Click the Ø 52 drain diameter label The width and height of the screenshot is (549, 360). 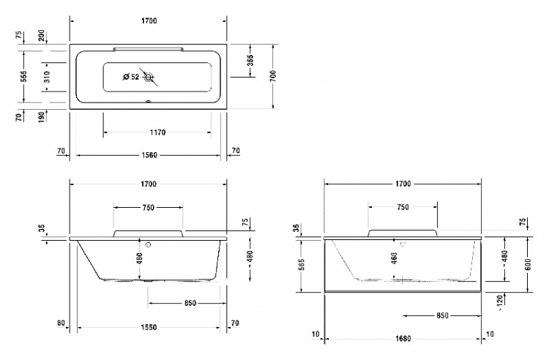coord(131,77)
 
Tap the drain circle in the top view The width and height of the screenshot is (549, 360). coord(149,77)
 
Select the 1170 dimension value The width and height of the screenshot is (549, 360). coord(157,132)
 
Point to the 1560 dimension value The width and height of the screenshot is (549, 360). coord(149,155)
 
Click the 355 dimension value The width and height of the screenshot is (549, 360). coord(250,60)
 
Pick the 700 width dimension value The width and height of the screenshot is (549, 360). coord(273,76)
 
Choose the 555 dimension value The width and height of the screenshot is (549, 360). coord(23,76)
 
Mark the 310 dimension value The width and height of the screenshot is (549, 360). coord(47,77)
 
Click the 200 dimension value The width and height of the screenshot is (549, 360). coord(41,35)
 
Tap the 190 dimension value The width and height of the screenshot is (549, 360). coord(41,117)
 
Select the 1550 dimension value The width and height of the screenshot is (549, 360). coord(149,328)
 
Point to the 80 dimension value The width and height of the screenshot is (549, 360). coord(61,323)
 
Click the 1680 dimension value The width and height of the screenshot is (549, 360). coord(403,339)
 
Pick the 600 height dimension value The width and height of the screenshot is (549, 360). coord(529,264)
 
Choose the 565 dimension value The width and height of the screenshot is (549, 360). coord(302,264)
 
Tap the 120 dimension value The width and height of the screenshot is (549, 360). coord(500,301)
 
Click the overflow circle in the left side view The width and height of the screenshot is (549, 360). coord(149,244)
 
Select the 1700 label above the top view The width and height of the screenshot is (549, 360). coord(149,20)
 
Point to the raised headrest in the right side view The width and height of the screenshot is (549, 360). coord(403,233)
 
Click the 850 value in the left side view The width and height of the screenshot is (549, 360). coord(190,303)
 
